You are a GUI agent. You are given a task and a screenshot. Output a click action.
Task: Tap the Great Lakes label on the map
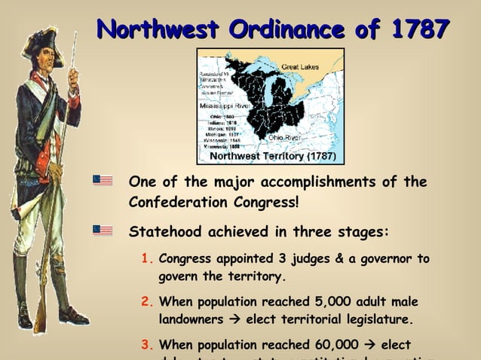(x=300, y=67)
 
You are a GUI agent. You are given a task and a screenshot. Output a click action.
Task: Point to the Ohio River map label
(x=284, y=138)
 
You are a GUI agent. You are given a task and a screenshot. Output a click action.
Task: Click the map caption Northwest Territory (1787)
(x=267, y=157)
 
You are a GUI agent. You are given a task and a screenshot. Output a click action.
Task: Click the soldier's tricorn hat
(x=41, y=41)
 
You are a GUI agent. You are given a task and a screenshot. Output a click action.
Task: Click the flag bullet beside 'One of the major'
(x=103, y=181)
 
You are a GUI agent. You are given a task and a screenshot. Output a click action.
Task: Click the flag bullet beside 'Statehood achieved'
(x=103, y=230)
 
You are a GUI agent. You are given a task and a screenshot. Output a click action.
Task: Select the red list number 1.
(x=148, y=259)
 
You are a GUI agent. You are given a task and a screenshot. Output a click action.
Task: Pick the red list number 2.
(x=148, y=302)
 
